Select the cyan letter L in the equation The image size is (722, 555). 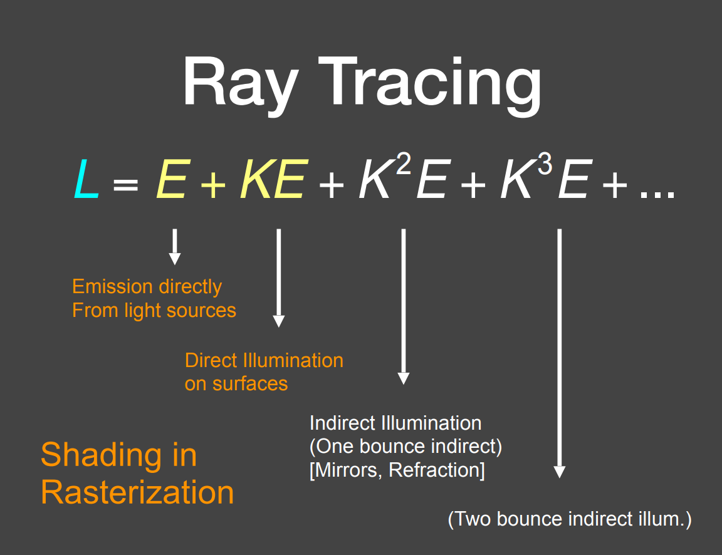(x=86, y=179)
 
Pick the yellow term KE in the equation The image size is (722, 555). (x=272, y=179)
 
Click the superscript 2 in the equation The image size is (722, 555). (x=404, y=165)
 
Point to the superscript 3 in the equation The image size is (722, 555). (x=546, y=165)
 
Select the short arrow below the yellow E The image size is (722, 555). (x=175, y=247)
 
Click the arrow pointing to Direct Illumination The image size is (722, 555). (x=279, y=278)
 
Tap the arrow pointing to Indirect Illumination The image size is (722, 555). (x=404, y=307)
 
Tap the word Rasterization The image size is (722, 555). (x=137, y=492)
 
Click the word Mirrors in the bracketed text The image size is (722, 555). (x=347, y=470)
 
